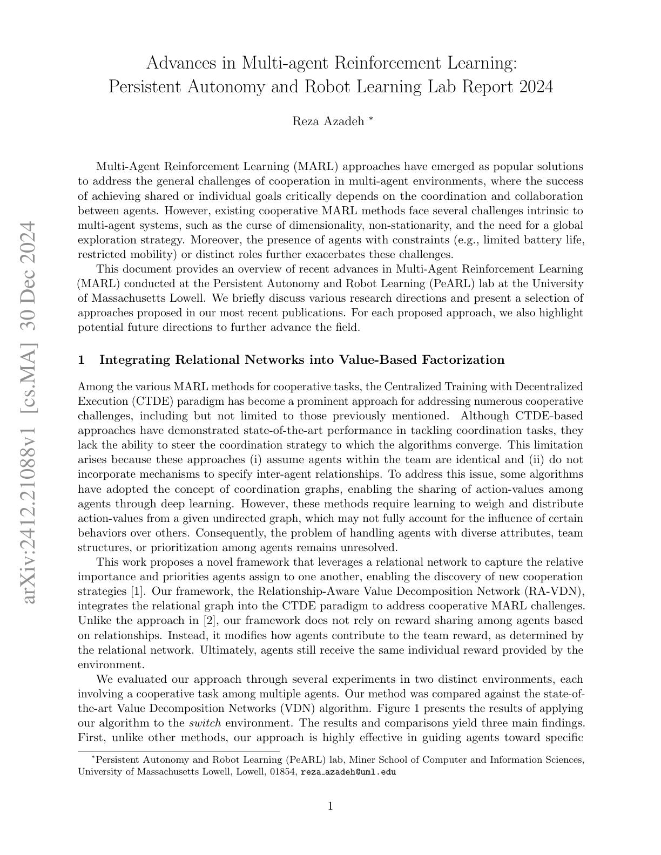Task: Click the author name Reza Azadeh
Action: tap(328, 121)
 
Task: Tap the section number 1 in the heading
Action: tap(81, 360)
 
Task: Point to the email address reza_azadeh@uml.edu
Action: tap(348, 772)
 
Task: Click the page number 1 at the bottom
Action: tap(330, 806)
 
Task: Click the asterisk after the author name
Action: tap(370, 119)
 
